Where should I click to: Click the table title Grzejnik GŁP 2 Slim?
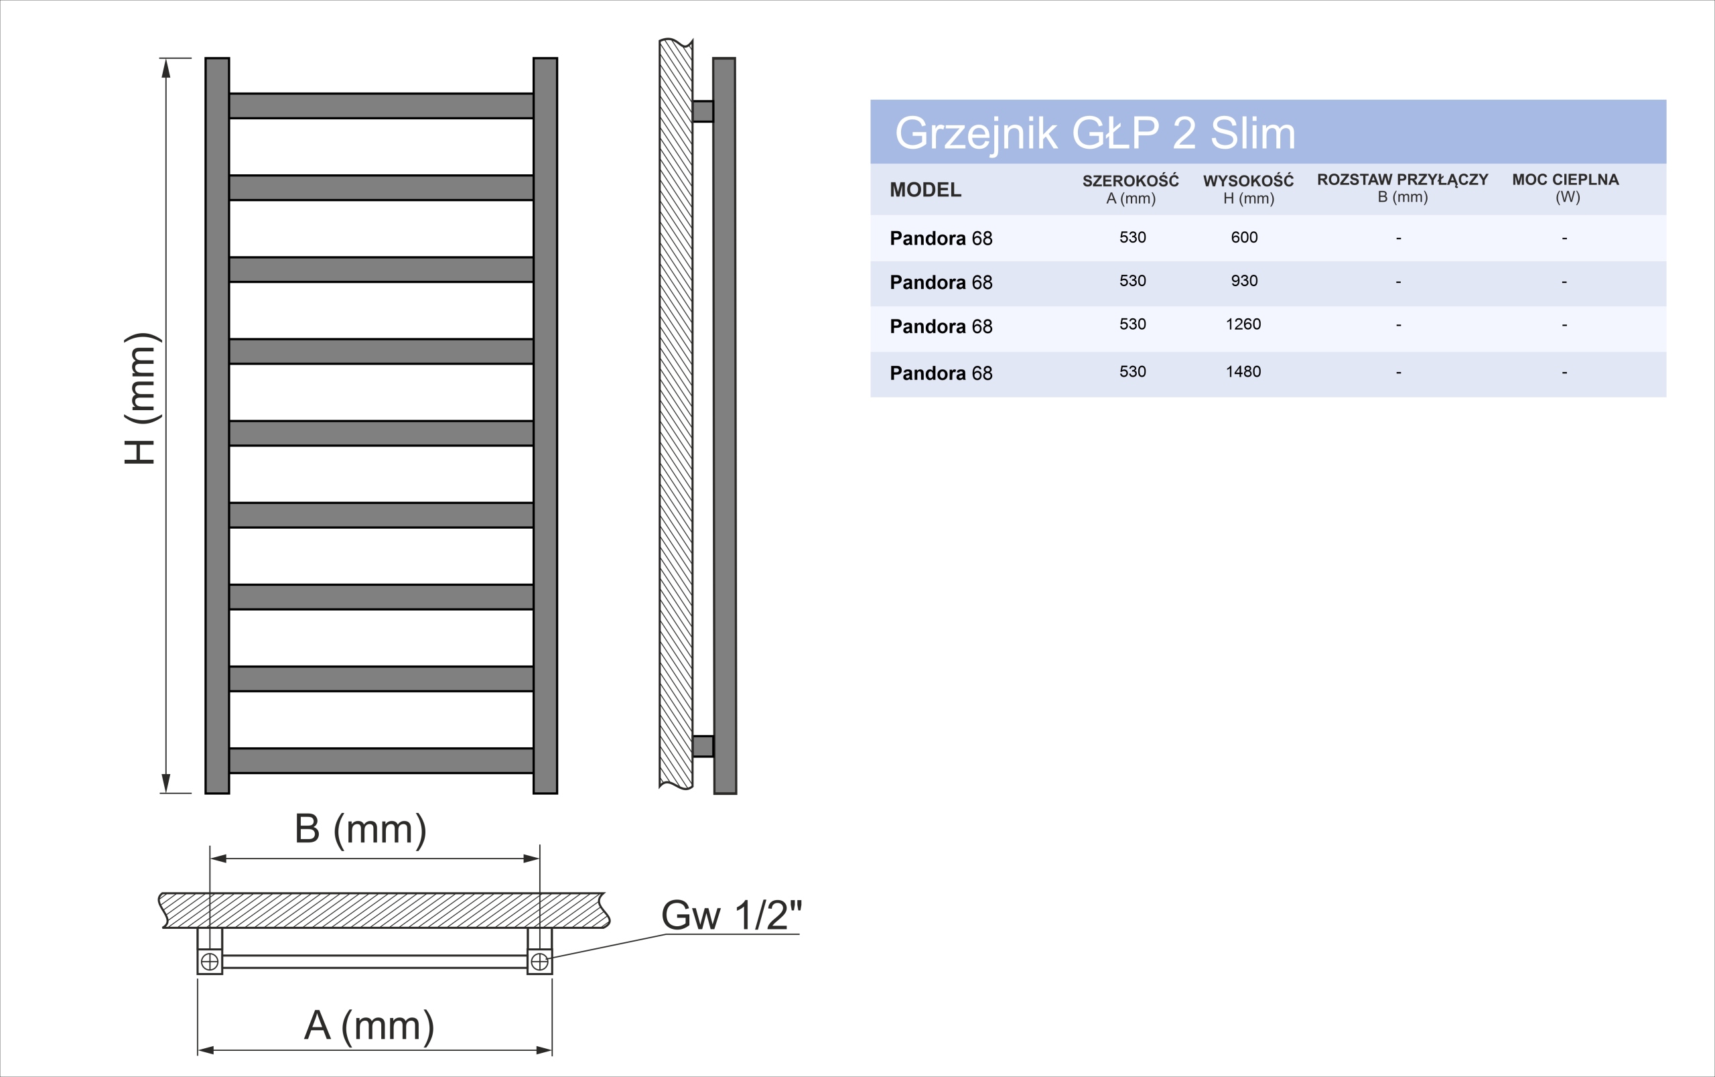click(x=1094, y=133)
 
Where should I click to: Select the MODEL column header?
click(x=924, y=190)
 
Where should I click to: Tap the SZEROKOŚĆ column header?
click(x=1131, y=189)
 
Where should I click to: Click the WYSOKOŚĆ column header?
click(x=1248, y=189)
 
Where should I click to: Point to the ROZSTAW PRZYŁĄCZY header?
click(x=1401, y=188)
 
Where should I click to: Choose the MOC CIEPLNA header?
click(x=1566, y=188)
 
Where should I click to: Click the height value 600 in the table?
click(x=1244, y=237)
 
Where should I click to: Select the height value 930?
click(x=1244, y=281)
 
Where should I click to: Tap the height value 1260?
click(x=1243, y=324)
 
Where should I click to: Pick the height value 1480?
click(x=1243, y=371)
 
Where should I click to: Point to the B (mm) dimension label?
click(x=360, y=829)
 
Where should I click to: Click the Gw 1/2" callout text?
click(x=731, y=915)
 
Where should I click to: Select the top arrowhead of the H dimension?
click(x=166, y=68)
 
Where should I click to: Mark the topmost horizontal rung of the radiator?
click(x=381, y=105)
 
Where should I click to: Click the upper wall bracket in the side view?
click(x=703, y=111)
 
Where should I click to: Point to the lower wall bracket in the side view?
click(x=703, y=746)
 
